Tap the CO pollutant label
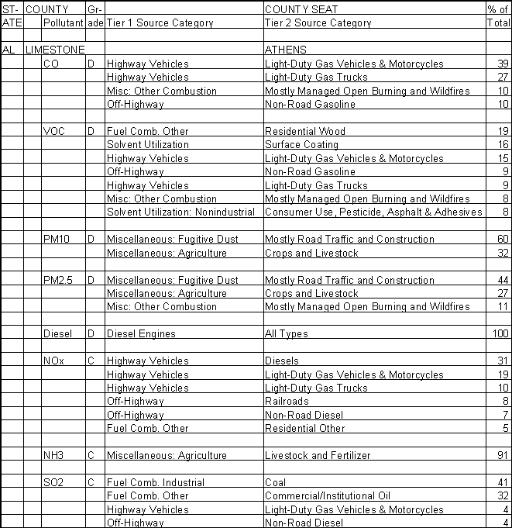(52, 63)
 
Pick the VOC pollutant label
(55, 131)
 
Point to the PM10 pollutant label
(57, 240)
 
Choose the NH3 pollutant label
(54, 455)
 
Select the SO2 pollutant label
(54, 482)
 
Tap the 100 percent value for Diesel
(501, 334)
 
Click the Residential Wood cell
(304, 131)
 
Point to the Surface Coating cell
(301, 144)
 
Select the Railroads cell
(287, 402)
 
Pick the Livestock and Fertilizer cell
(317, 455)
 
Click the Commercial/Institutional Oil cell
(327, 495)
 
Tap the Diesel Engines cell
(141, 334)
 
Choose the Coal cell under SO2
(276, 482)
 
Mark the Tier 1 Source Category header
(160, 23)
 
